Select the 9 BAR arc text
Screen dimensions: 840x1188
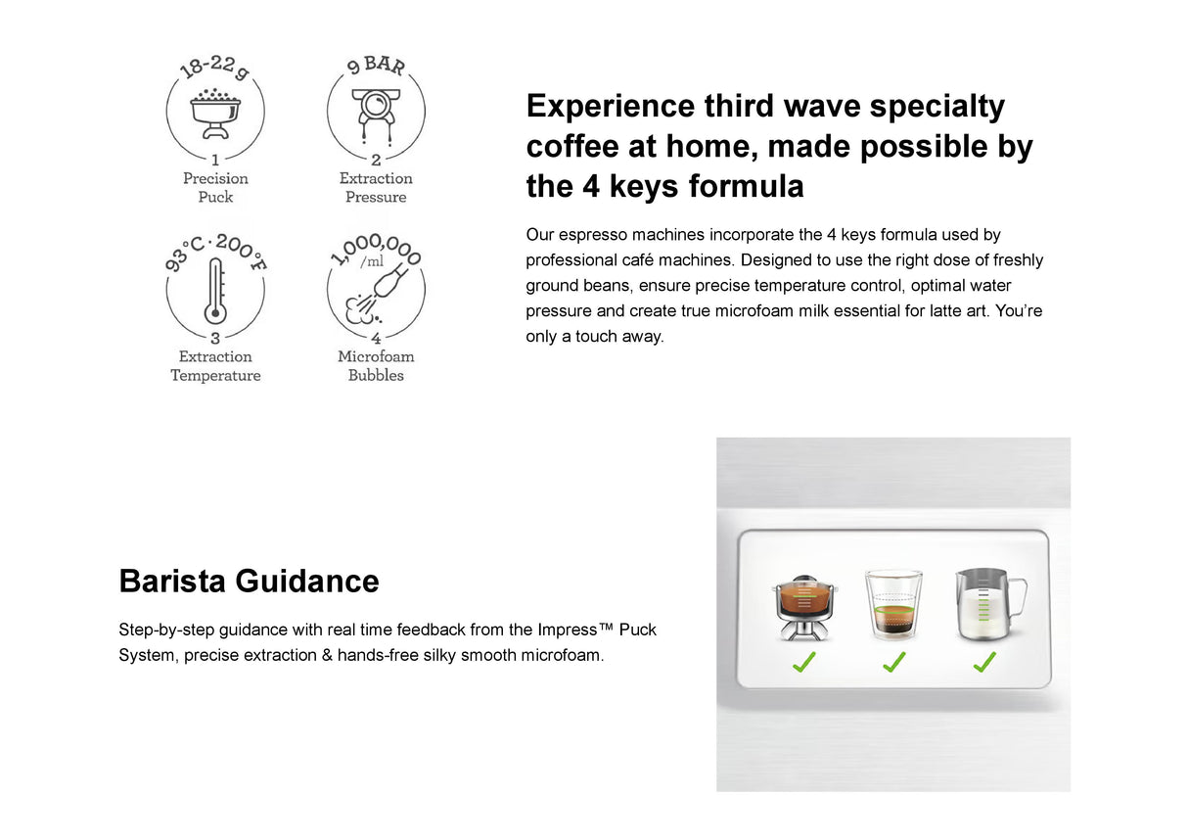[376, 68]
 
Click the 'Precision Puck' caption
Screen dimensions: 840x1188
[215, 187]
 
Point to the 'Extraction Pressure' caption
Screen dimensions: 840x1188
[376, 187]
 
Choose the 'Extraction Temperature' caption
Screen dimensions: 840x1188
[215, 365]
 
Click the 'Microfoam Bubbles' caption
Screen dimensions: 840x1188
[376, 365]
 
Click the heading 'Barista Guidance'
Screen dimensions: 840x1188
[249, 581]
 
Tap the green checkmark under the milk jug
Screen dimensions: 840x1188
[983, 663]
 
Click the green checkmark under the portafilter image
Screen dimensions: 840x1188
[803, 663]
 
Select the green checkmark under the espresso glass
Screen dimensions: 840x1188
[893, 663]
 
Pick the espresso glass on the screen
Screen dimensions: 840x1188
[892, 606]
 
